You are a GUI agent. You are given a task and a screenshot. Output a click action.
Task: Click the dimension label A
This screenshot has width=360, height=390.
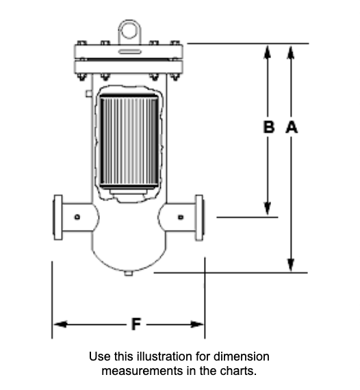pos(291,127)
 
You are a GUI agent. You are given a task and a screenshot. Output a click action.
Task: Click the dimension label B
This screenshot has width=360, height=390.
pos(269,127)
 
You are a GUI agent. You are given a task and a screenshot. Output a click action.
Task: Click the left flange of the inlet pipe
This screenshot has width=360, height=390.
pos(58,218)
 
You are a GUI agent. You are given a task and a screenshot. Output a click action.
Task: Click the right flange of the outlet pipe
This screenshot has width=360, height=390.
pos(199,218)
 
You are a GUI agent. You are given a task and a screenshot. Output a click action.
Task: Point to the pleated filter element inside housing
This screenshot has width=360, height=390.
pos(128,142)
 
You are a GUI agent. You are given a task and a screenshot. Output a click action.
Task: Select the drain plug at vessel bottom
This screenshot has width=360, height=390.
pos(128,274)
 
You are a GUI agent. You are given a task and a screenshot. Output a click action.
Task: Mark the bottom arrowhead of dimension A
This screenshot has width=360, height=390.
pos(291,266)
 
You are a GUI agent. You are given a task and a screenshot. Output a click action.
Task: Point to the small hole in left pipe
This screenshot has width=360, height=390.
pos(77,218)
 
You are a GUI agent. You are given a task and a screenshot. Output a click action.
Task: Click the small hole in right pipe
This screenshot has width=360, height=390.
pos(179,218)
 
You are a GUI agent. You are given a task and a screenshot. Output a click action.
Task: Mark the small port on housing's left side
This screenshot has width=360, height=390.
pos(89,91)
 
